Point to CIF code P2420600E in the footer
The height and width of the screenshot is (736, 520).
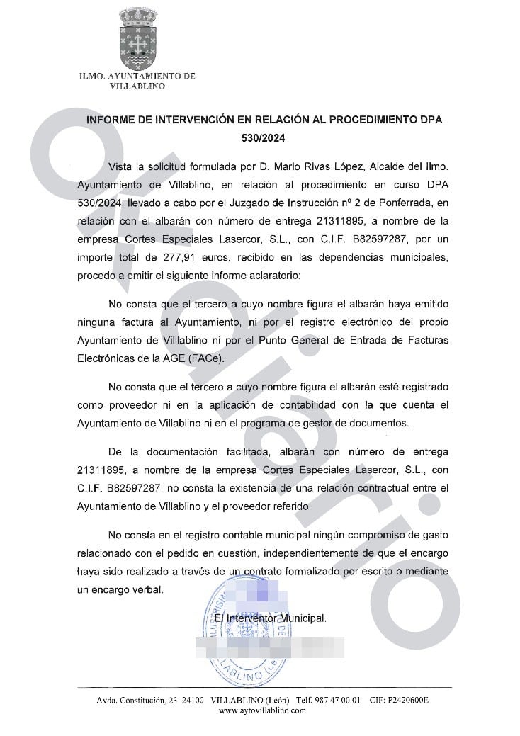409,701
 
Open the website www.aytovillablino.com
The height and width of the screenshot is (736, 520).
262,710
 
